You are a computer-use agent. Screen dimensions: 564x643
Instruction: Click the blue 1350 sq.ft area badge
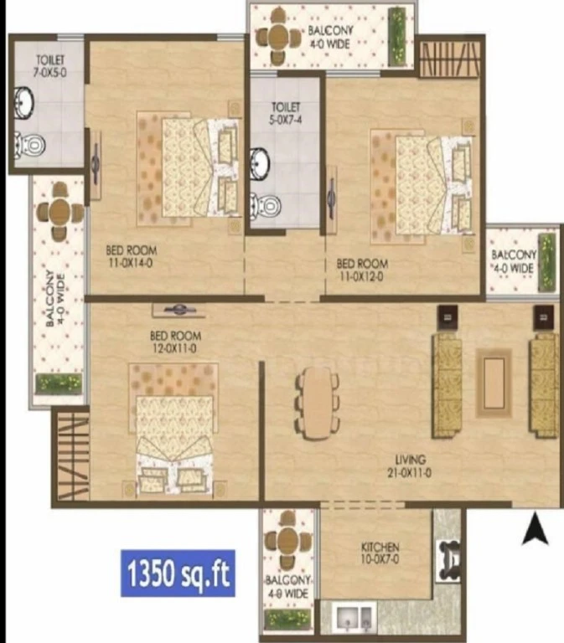coord(178,573)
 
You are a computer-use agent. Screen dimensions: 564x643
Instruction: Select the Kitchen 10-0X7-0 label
coord(380,553)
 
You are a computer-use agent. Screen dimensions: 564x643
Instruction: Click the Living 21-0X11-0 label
coord(409,466)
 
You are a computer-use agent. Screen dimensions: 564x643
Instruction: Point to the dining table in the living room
coord(318,402)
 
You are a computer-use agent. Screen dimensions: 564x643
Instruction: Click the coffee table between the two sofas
coord(494,383)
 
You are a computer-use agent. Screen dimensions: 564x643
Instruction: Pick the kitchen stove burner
coord(448,561)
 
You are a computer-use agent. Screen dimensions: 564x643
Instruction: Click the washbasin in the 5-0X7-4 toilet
coord(260,163)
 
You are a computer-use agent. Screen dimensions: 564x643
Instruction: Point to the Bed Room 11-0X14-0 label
coord(131,256)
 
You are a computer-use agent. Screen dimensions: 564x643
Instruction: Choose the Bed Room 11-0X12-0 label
coord(362,270)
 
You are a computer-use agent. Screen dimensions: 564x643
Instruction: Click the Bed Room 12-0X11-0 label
coord(176,342)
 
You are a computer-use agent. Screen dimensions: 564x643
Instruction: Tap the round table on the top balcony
coord(279,37)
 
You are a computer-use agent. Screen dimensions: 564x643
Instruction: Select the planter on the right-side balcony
coord(546,261)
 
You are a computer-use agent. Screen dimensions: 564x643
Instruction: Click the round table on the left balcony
coord(60,211)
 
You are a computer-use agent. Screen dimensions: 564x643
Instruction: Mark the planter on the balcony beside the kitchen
coord(287,619)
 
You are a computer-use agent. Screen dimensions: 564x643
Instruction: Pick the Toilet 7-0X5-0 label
coord(50,66)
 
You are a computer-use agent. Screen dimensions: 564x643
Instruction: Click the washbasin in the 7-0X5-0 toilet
coord(24,102)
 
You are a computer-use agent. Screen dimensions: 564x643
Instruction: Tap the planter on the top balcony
coord(397,37)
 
